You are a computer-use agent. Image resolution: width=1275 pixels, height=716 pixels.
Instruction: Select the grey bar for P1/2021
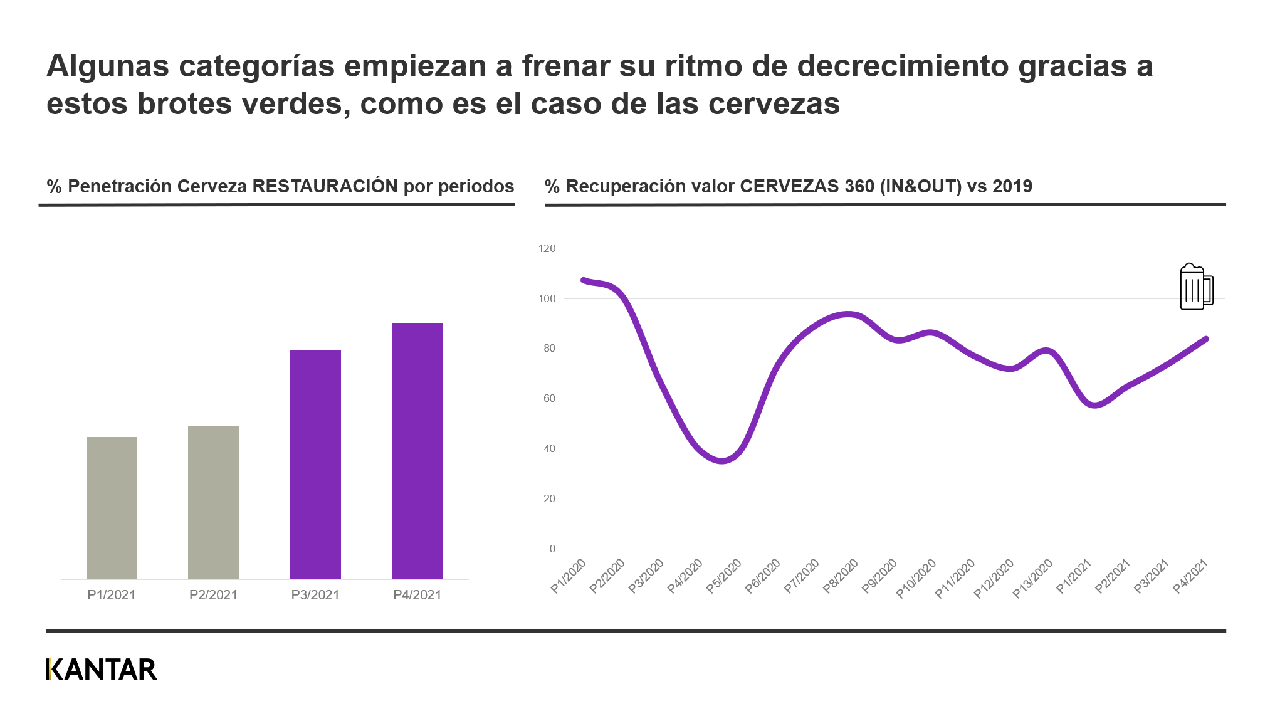(112, 507)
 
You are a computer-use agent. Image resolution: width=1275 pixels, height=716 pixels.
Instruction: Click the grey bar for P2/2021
(214, 502)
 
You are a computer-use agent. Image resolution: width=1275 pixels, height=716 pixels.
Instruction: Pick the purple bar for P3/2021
(315, 464)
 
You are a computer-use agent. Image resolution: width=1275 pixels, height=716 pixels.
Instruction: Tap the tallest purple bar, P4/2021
(417, 450)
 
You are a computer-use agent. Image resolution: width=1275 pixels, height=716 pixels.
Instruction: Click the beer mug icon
(1196, 288)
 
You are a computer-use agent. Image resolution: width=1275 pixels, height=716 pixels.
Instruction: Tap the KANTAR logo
(102, 670)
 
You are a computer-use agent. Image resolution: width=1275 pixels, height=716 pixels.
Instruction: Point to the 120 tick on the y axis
(547, 249)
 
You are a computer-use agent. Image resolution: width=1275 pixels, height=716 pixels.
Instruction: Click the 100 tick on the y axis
(547, 299)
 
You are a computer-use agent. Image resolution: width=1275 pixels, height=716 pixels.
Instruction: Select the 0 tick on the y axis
(552, 549)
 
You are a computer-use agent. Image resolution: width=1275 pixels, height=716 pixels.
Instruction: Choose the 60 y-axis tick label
(549, 399)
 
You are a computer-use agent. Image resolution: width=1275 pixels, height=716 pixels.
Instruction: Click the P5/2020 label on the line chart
(724, 576)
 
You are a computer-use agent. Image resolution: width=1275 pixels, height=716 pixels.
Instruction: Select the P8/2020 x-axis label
(841, 576)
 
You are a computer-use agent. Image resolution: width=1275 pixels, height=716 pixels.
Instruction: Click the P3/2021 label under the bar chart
(315, 595)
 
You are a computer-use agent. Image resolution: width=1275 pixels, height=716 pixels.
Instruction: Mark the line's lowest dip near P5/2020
(723, 461)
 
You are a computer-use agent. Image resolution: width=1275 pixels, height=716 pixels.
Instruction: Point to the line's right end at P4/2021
(1206, 339)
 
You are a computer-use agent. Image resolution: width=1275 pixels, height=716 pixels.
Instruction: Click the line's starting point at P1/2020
(584, 280)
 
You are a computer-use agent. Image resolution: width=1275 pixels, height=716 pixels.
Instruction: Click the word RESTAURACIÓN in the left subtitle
(325, 186)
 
